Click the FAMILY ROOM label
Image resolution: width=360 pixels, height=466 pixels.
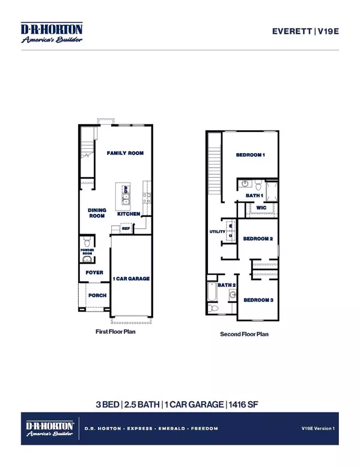(125, 154)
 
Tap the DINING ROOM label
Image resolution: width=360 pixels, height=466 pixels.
(97, 213)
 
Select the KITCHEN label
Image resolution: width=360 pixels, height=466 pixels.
(129, 214)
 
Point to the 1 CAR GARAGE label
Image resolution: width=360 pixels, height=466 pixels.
(131, 279)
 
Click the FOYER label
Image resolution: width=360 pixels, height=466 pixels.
(94, 273)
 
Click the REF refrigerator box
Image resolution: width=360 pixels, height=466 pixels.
(126, 228)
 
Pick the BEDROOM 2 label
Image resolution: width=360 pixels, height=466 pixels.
(258, 239)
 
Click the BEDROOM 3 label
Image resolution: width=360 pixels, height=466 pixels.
(258, 300)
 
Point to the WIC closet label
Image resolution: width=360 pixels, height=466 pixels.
(261, 208)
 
